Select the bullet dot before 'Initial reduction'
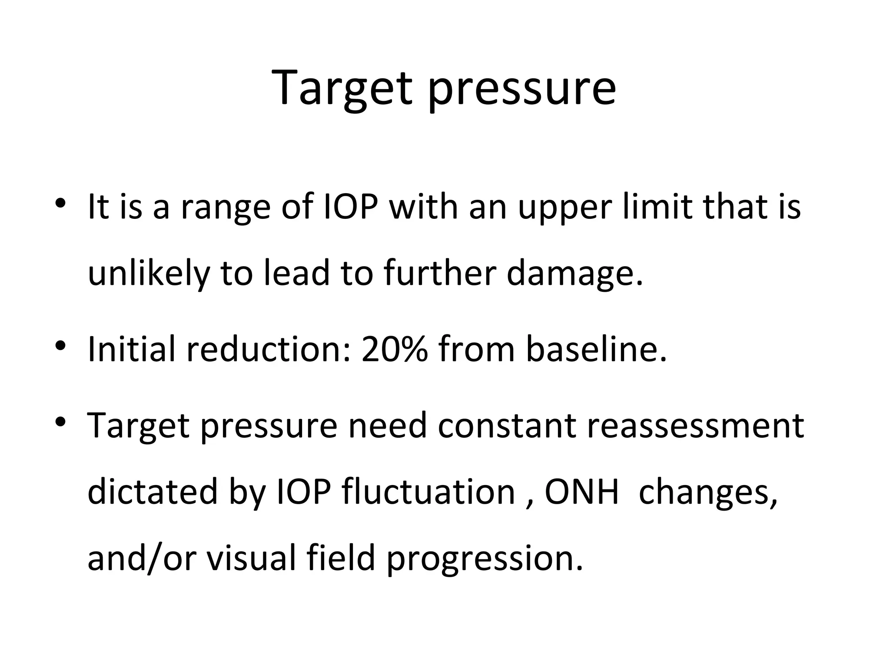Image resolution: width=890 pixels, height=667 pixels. click(x=60, y=346)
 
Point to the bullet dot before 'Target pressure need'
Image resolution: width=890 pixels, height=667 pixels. click(x=60, y=421)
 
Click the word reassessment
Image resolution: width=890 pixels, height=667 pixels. click(x=695, y=426)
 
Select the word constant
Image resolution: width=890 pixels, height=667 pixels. click(x=507, y=426)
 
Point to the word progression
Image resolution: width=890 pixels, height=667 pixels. click(x=485, y=558)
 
